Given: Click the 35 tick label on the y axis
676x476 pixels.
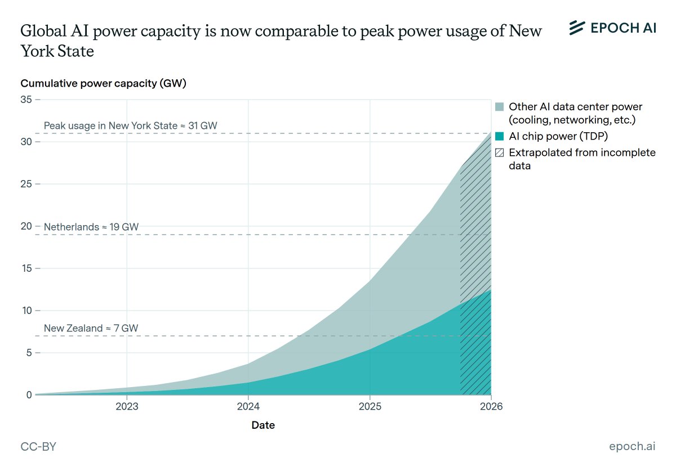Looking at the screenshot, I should coord(26,100).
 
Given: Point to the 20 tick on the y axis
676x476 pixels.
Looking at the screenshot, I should coord(26,226).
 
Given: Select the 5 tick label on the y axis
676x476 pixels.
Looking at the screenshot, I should coord(29,353).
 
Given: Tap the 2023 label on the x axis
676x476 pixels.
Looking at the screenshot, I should coord(127,407).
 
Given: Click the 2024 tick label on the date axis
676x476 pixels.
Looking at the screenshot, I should coord(248,407).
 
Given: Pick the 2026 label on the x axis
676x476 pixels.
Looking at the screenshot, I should coord(491,407).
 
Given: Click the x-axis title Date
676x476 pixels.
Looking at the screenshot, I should coord(263,425).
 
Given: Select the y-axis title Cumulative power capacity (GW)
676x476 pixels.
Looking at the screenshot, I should coord(103,84).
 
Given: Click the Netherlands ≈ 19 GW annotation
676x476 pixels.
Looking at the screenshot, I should coord(91,227).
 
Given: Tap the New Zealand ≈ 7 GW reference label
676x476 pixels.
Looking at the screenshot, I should coord(91,328).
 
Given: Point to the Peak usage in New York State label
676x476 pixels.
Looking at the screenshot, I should coord(130,125).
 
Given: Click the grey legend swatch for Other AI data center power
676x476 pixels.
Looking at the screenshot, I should coord(499,107).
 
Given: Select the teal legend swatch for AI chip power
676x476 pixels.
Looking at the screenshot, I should coord(499,136).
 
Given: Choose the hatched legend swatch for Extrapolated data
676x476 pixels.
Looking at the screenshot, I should coord(499,152).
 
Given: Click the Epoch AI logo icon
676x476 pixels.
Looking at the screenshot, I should coord(577,28).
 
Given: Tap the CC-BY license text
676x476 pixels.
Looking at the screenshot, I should coord(38,447).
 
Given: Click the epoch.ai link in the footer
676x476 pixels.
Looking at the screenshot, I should coord(632,447).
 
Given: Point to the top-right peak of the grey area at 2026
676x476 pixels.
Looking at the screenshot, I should coord(491,133).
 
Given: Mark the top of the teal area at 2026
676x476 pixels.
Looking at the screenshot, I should coord(491,290).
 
